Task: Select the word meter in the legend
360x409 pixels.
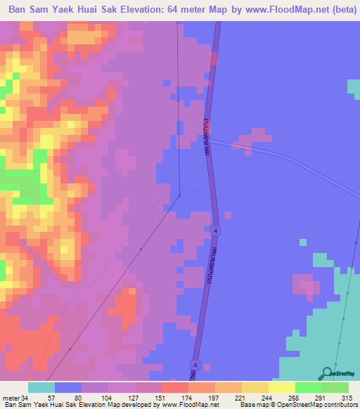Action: pyautogui.click(x=11, y=397)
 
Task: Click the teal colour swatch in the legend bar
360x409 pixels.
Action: pyautogui.click(x=41, y=387)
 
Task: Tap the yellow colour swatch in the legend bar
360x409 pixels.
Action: pyautogui.click(x=282, y=387)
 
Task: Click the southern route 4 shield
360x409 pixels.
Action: pyautogui.click(x=195, y=364)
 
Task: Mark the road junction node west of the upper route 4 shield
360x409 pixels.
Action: pyautogui.click(x=179, y=196)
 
